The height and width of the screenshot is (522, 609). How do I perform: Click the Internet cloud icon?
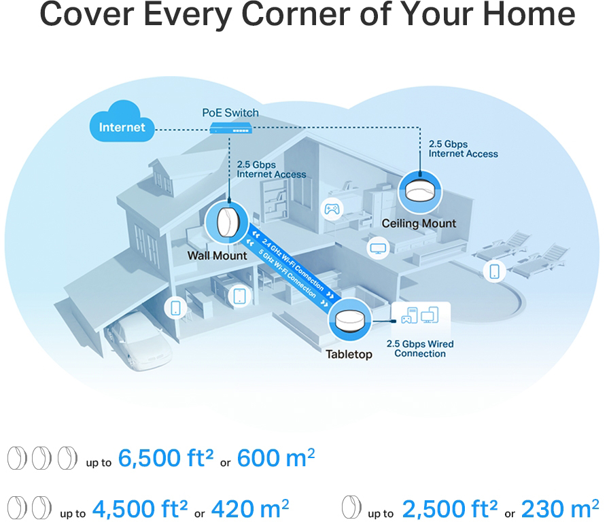[x=122, y=121]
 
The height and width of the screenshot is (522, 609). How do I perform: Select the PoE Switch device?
[x=231, y=128]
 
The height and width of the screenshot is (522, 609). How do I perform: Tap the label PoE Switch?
[x=230, y=113]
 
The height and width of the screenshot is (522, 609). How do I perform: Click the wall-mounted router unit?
[x=227, y=222]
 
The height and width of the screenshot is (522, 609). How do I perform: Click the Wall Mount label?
[x=217, y=256]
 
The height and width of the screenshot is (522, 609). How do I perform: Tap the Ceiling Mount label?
[x=419, y=224]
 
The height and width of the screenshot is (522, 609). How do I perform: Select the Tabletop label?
[x=349, y=354]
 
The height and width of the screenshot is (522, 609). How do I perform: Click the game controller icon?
[x=332, y=209]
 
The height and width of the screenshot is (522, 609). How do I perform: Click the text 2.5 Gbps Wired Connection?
[x=420, y=349]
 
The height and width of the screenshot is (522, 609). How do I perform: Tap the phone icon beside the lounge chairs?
[x=494, y=271]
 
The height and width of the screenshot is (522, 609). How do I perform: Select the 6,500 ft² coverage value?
[x=166, y=458]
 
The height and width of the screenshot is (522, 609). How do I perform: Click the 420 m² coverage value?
[x=250, y=508]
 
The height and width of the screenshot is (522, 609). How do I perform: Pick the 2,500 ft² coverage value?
[x=450, y=508]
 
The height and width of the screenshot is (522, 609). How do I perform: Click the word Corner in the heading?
[x=296, y=15]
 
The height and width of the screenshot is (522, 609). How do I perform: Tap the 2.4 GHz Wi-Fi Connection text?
[x=293, y=264]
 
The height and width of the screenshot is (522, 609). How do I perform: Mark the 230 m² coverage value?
[x=559, y=508]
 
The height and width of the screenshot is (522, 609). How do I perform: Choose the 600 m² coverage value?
[x=276, y=458]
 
